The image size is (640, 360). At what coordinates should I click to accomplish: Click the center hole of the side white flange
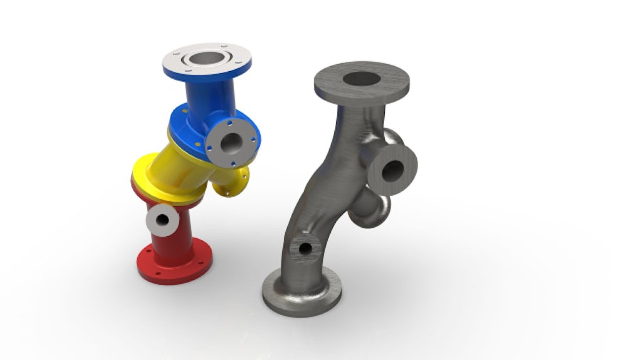(x=231, y=142)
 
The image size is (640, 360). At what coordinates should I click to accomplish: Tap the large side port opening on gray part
(x=393, y=169)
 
